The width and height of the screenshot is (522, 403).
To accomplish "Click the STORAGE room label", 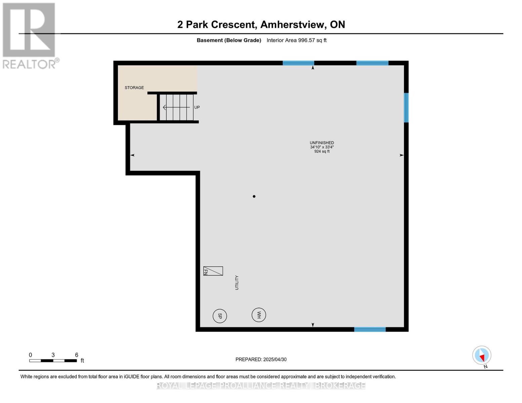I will [134, 88].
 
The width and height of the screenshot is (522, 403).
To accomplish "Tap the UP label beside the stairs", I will [197, 107].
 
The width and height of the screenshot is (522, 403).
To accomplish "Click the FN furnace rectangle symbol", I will [213, 271].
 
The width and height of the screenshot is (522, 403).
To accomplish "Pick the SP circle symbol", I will [220, 316].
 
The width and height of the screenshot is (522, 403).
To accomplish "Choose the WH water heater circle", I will [259, 315].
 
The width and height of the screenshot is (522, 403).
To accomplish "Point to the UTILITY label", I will [237, 283].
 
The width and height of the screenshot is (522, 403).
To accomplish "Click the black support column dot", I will [254, 196].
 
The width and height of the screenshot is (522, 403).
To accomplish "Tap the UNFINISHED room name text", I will [322, 143].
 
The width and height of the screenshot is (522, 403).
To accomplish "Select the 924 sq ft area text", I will [322, 151].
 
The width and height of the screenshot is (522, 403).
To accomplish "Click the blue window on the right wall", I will [406, 107].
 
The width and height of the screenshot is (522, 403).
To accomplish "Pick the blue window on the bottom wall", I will [370, 329].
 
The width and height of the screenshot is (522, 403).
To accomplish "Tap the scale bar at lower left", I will [53, 361].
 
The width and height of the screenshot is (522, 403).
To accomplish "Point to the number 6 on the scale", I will [77, 355].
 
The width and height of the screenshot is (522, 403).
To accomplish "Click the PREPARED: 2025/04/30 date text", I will [261, 359].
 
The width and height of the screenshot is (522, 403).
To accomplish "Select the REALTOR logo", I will [30, 35].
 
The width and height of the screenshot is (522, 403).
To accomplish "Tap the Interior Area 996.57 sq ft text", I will [296, 40].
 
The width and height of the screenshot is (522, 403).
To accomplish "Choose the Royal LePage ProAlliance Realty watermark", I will [261, 386].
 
